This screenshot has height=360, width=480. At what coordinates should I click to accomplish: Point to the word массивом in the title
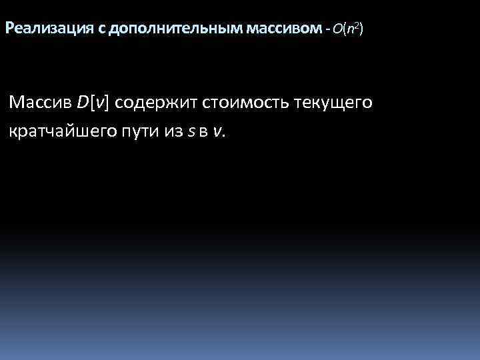283,29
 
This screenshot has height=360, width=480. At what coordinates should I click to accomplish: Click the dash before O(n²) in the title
327,29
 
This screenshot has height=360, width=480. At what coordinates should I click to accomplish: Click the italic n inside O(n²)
349,30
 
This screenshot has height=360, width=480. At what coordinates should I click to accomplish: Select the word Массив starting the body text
40,103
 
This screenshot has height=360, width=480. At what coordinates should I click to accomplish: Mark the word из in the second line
172,131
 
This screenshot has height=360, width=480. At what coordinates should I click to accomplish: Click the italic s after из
191,131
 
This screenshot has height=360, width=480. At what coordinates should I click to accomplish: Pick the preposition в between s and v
205,131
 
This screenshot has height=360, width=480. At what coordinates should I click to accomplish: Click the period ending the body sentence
224,135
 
